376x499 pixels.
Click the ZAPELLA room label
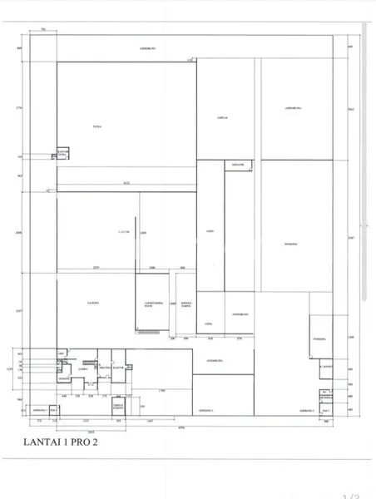click(x=222, y=118)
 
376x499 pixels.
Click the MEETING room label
click(x=105, y=367)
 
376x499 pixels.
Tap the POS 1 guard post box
click(x=53, y=408)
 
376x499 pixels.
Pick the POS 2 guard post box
click(x=325, y=410)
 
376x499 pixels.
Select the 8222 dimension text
click(x=126, y=182)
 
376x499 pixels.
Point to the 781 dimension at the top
click(x=43, y=29)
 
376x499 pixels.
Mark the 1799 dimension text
click(x=163, y=390)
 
